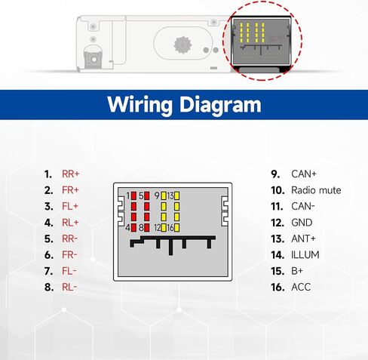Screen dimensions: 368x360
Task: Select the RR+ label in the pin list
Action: point(71,174)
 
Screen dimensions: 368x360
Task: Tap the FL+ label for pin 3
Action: point(70,206)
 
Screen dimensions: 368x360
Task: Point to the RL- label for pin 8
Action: point(69,287)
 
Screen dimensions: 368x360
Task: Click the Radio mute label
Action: point(316,190)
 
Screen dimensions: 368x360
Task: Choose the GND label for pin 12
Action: point(302,223)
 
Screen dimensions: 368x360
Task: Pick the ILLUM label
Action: point(305,255)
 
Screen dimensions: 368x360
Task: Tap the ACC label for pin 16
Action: point(301,287)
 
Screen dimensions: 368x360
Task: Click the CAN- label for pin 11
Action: point(303,206)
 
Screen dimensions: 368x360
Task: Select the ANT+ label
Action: point(303,238)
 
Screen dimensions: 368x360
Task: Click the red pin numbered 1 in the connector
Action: point(133,195)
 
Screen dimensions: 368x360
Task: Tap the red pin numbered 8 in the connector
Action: point(147,228)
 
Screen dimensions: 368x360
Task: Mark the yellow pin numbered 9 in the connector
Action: point(164,195)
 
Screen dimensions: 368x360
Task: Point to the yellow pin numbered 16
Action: point(176,228)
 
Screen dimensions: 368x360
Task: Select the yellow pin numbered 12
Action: point(164,228)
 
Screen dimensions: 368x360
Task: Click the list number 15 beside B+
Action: point(278,271)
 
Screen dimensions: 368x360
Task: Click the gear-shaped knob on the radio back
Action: point(182,45)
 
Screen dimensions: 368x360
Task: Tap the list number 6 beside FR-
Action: point(49,255)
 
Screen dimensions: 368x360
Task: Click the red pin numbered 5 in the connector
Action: point(147,195)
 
